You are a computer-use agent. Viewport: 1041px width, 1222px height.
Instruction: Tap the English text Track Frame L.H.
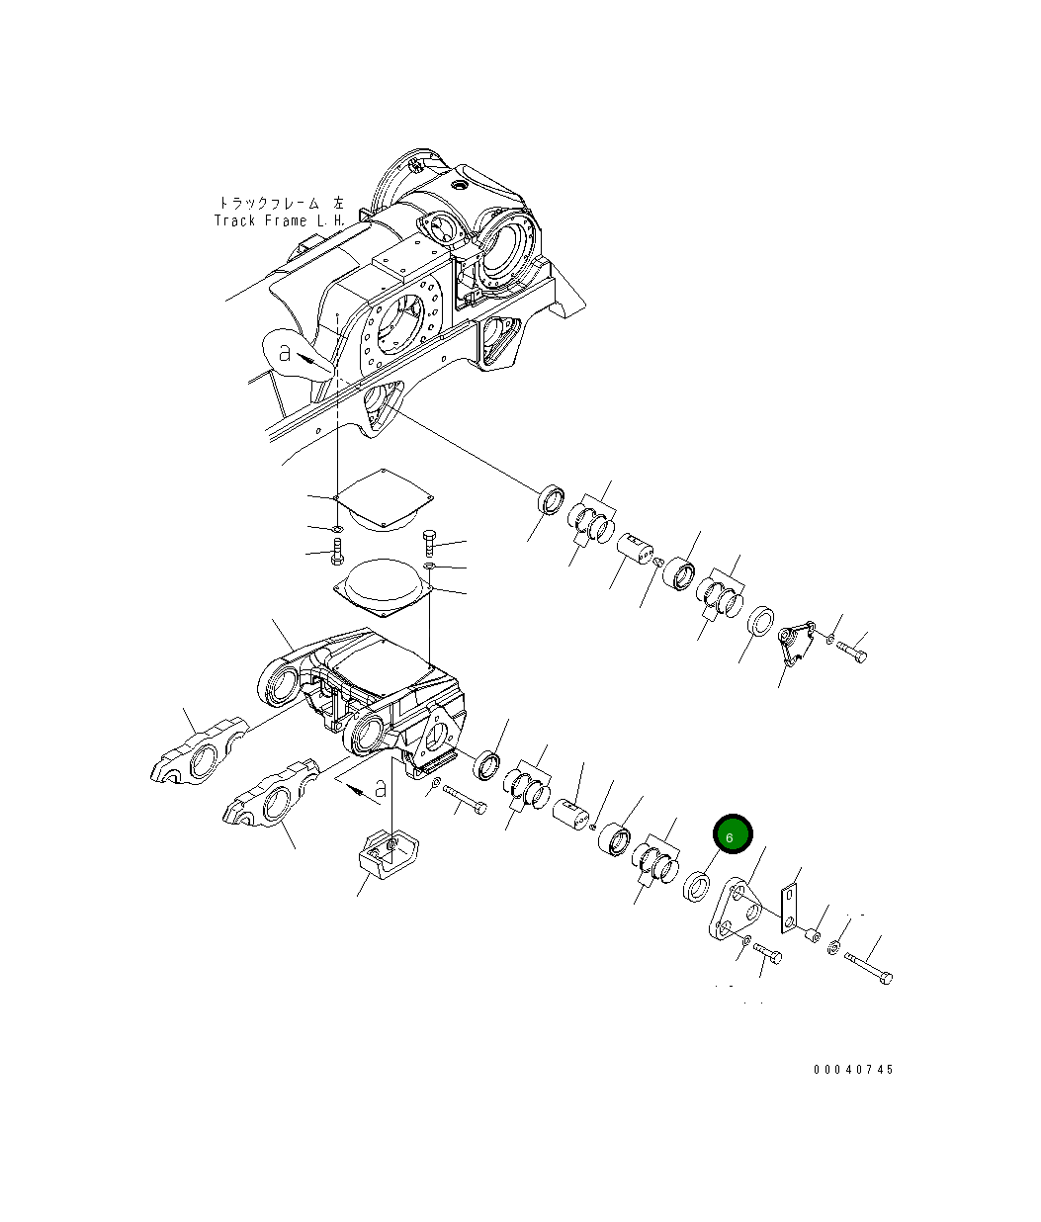(x=279, y=221)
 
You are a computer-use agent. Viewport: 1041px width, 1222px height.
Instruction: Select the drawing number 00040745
(x=853, y=1070)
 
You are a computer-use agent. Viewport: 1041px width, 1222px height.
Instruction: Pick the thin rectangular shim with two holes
(x=789, y=908)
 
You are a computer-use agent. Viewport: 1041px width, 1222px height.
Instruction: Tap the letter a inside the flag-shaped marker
(x=285, y=352)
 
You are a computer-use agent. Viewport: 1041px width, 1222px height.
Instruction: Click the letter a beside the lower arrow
(x=380, y=789)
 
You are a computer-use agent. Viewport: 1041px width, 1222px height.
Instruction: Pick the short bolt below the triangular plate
(x=768, y=951)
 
